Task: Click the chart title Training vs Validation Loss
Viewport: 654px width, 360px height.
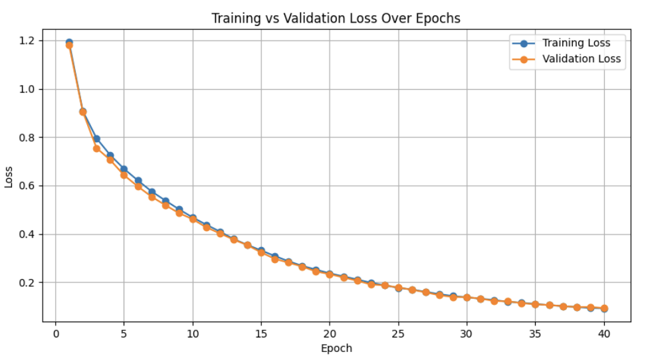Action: (x=336, y=18)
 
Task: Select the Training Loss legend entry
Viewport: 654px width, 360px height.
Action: (x=576, y=43)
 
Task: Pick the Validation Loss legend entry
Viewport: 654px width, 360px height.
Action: (x=581, y=58)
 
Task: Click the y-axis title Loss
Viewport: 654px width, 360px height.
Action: (x=9, y=177)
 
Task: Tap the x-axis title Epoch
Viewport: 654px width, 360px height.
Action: (x=336, y=348)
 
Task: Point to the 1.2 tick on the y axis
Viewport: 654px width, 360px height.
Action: (x=28, y=41)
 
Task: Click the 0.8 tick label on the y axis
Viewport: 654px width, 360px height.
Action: (x=28, y=137)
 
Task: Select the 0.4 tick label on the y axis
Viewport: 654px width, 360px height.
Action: (x=28, y=234)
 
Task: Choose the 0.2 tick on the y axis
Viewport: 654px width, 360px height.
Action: (x=28, y=283)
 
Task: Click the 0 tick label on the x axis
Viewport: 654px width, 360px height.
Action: (x=56, y=333)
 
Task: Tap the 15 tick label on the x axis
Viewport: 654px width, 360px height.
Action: (x=261, y=333)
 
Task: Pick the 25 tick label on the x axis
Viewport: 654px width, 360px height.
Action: (x=398, y=333)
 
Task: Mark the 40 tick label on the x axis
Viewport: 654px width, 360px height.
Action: (x=603, y=333)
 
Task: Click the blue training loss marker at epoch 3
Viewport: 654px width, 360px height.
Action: (x=96, y=139)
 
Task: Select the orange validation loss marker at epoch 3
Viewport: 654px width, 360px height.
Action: (x=96, y=148)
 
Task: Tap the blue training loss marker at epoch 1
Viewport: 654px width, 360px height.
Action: (x=69, y=42)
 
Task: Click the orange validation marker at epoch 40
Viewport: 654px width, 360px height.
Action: (x=603, y=308)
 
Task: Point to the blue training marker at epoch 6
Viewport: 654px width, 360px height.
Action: (x=138, y=181)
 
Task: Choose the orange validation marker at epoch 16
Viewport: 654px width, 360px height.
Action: (x=274, y=259)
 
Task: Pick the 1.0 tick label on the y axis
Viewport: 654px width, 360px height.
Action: (x=28, y=89)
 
